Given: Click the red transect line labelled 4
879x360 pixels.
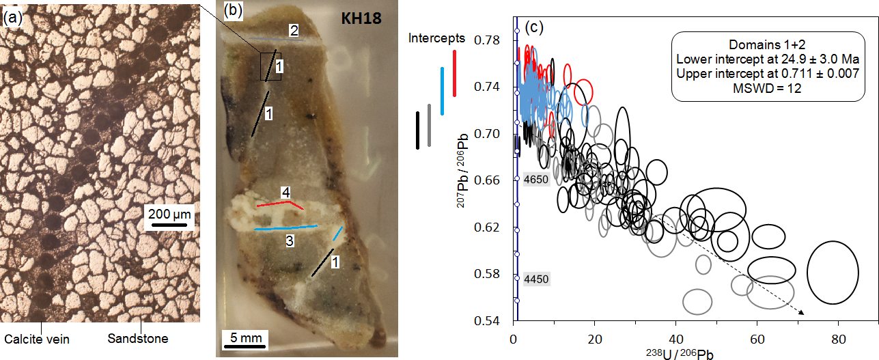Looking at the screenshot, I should tap(281, 203).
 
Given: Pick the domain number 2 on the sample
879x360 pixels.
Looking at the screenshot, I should tap(293, 31).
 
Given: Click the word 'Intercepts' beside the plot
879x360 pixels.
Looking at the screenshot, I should tap(437, 38).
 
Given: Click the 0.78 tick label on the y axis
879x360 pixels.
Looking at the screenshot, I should tap(490, 41).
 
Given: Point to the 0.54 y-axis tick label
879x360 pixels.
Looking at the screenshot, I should tap(490, 321).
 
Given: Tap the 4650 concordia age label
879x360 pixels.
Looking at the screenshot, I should tap(536, 180).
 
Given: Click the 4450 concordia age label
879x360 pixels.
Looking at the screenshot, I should tap(536, 279).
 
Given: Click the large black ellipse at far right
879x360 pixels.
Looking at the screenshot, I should tap(833, 272).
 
